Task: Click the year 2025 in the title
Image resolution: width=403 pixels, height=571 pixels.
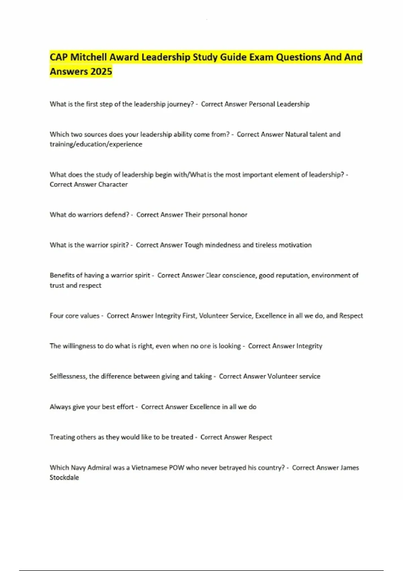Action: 101,72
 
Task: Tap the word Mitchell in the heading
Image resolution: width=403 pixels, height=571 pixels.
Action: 89,57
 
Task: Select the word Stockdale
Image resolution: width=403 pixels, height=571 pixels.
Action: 64,477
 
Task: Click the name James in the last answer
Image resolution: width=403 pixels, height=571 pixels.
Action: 350,468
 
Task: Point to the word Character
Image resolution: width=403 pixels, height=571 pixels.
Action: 113,184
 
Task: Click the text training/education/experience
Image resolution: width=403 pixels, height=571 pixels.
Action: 96,144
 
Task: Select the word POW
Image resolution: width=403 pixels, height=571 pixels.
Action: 176,468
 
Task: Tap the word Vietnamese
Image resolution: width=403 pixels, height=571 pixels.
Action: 149,468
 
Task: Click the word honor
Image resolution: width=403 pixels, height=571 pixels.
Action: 238,215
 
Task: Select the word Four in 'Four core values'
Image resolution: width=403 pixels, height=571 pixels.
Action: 55,316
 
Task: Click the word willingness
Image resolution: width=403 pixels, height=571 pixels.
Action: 79,346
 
